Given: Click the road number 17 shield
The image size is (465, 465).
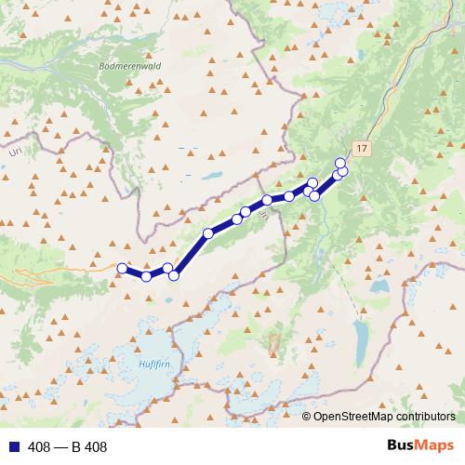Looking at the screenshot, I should point(362,148).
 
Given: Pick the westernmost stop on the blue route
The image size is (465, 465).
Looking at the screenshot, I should point(122,268).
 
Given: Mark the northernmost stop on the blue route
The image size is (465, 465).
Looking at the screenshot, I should point(340,163).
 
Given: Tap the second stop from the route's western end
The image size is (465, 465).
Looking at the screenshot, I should point(146,276).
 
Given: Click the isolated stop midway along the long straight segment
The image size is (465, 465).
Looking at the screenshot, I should point(208,233).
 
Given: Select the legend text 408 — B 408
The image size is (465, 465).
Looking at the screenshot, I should point(68,447).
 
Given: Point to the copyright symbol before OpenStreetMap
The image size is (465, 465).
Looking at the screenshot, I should point(306,417).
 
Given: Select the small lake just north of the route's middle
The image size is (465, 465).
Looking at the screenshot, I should point(215,177).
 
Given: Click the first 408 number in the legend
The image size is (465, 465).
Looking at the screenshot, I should point(39,447).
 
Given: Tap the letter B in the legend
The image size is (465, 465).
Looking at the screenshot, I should point(76,447).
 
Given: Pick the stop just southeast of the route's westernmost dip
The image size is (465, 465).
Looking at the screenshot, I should point(174,275).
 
